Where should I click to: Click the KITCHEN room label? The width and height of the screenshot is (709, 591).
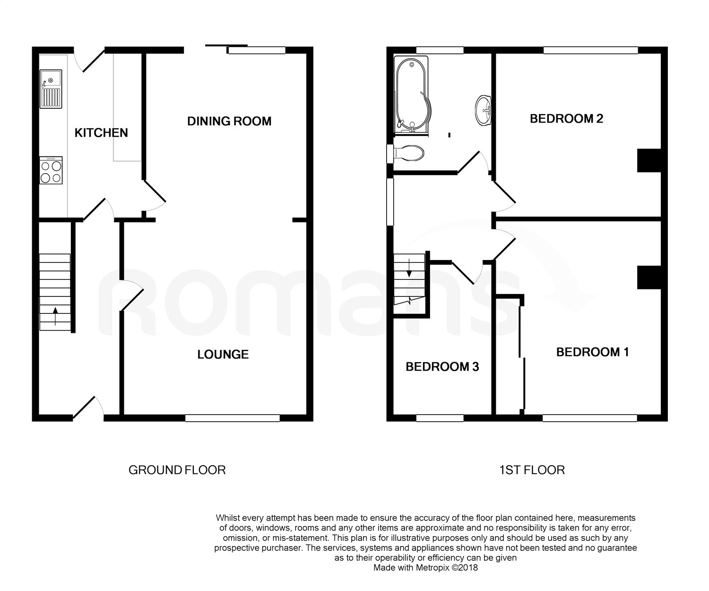[x=101, y=133]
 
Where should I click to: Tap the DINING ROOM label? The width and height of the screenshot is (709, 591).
[x=229, y=121]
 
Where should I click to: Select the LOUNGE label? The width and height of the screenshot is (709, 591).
[x=223, y=355]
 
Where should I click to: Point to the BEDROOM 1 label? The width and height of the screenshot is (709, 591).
[x=593, y=352]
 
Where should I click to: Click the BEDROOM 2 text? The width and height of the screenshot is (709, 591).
[x=566, y=119]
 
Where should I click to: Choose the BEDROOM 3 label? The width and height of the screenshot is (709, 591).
[x=442, y=367]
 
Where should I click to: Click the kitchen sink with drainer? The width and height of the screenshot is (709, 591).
[x=51, y=89]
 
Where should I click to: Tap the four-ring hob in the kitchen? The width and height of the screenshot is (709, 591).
[x=51, y=171]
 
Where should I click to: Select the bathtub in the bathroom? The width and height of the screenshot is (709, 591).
[x=411, y=95]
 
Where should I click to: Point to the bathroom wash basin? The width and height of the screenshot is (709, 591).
[x=484, y=110]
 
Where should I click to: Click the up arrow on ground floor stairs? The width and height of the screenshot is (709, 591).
[x=55, y=316]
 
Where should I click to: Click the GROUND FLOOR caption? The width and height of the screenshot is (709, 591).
[x=177, y=470]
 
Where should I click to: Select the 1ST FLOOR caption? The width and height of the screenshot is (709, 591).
[x=532, y=470]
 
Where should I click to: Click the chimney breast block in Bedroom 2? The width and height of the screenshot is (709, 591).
[x=649, y=160]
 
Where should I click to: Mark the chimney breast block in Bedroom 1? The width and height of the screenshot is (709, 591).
[x=649, y=278]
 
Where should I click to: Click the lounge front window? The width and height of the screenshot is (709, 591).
[x=232, y=418]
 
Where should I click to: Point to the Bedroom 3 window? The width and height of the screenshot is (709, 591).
[x=440, y=418]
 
